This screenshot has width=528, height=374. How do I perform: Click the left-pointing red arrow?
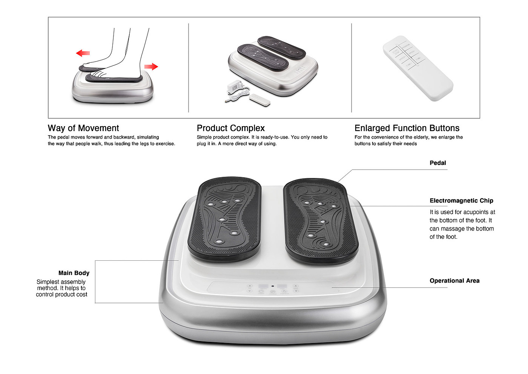click(83, 53)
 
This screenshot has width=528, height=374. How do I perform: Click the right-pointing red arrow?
click(151, 66)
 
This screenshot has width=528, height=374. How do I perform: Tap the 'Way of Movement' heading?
click(83, 128)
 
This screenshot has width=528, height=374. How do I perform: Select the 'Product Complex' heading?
click(231, 128)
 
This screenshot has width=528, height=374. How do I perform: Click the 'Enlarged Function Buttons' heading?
click(407, 128)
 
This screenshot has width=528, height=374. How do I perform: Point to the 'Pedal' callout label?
click(438, 163)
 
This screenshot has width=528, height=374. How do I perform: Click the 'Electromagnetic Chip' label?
click(461, 201)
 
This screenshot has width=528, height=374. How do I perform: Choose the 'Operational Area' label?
click(454, 281)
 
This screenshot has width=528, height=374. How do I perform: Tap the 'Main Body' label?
click(74, 273)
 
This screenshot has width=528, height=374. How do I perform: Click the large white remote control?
click(418, 68)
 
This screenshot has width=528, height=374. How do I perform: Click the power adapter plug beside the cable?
click(234, 86)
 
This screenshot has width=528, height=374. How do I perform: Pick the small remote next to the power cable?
click(259, 100)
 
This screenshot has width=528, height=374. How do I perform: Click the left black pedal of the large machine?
click(225, 219)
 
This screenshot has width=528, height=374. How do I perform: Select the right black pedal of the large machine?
click(320, 221)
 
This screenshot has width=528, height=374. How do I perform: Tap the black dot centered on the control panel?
click(273, 286)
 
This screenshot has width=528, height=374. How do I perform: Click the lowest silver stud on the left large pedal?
click(219, 241)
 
